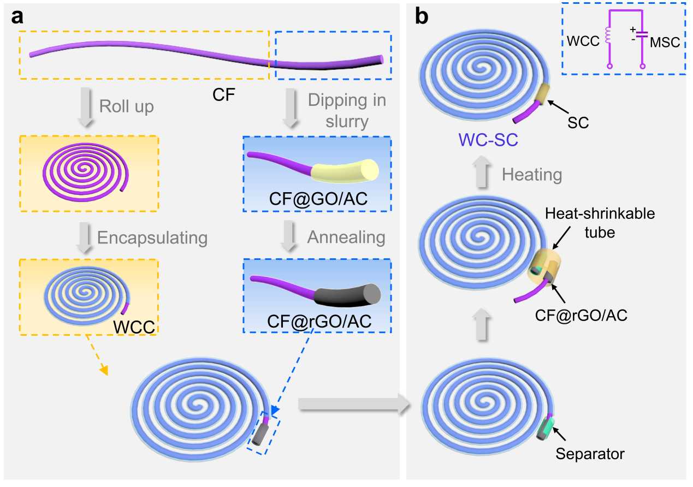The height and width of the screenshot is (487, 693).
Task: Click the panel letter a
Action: click(x=17, y=17)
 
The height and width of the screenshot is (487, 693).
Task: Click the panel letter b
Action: click(x=422, y=17)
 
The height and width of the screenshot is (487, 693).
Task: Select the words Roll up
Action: click(x=126, y=106)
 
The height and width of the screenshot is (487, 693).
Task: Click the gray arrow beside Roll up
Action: click(x=84, y=107)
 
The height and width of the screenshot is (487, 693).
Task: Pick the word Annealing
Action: click(x=346, y=237)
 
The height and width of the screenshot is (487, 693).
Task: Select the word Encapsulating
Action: click(x=152, y=237)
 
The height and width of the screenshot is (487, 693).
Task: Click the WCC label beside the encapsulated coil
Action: click(x=134, y=326)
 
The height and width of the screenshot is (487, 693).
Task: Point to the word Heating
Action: click(x=532, y=175)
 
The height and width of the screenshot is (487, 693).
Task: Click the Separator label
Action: click(x=590, y=453)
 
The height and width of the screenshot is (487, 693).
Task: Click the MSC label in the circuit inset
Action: click(x=665, y=42)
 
